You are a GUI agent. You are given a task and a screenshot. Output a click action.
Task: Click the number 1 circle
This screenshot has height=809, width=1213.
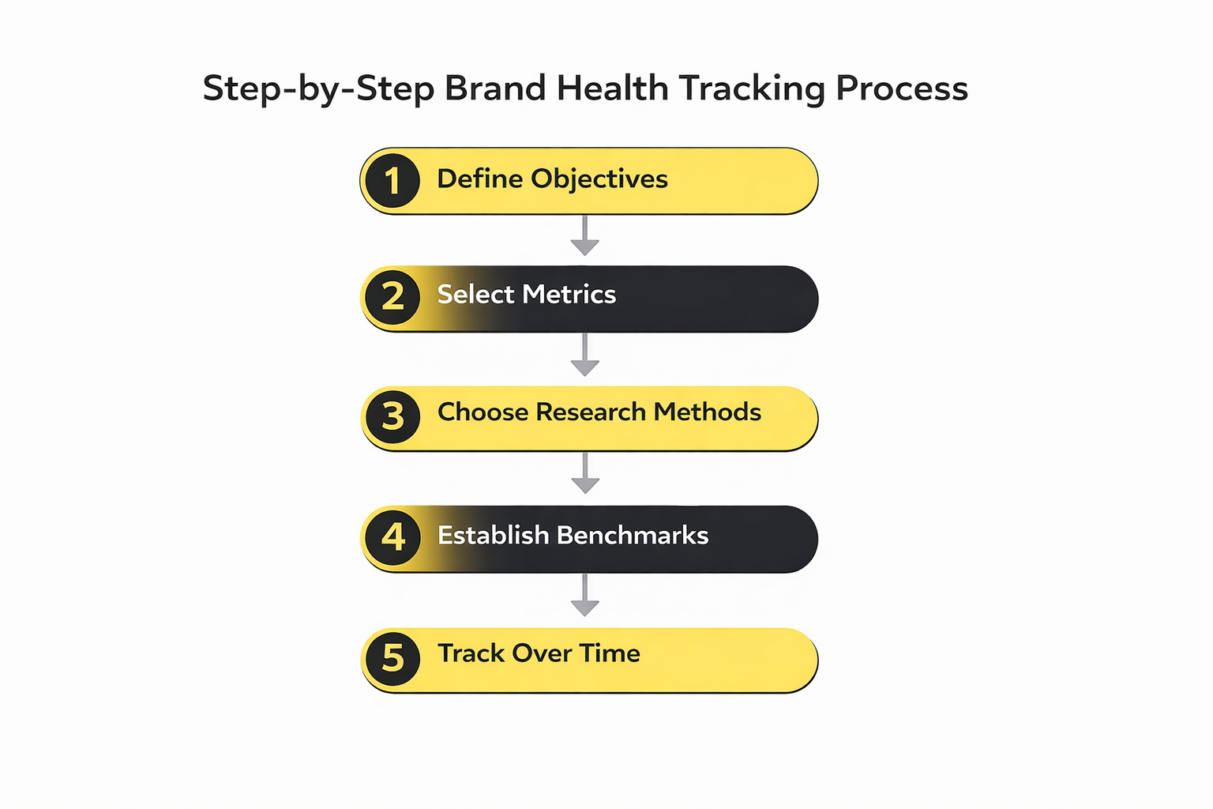coord(392,181)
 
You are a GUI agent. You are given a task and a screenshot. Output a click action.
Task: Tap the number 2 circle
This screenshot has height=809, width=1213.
coord(392,297)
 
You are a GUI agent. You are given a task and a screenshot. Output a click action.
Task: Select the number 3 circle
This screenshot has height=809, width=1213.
coord(392,416)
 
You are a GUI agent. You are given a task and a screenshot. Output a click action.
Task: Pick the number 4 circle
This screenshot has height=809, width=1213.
coord(392,537)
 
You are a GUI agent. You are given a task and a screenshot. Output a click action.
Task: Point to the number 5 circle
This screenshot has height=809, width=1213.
coord(392,658)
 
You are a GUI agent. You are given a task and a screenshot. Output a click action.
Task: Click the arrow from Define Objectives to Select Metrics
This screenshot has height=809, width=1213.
coord(584,236)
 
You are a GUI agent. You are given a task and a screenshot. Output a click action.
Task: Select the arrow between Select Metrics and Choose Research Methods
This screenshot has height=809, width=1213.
coord(584,356)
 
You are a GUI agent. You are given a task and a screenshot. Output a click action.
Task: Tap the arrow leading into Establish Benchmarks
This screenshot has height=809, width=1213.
coord(584,474)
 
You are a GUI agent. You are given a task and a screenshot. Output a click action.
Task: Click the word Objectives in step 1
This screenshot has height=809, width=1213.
coord(599,179)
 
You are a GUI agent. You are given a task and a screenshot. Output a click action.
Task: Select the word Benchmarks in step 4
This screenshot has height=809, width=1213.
coord(633,536)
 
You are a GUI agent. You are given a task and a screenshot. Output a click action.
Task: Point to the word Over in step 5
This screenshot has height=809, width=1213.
coord(541,653)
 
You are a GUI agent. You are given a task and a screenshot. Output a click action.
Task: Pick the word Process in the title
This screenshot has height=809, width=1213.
coord(902,88)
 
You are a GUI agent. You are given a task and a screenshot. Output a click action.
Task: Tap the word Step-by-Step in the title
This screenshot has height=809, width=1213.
coord(318,88)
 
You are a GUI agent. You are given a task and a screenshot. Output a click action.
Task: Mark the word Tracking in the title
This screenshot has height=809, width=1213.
coord(752,88)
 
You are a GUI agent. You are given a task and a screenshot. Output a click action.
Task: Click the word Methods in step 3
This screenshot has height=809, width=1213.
coord(708,412)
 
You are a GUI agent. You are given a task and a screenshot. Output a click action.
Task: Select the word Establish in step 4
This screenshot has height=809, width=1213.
coord(493,536)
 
